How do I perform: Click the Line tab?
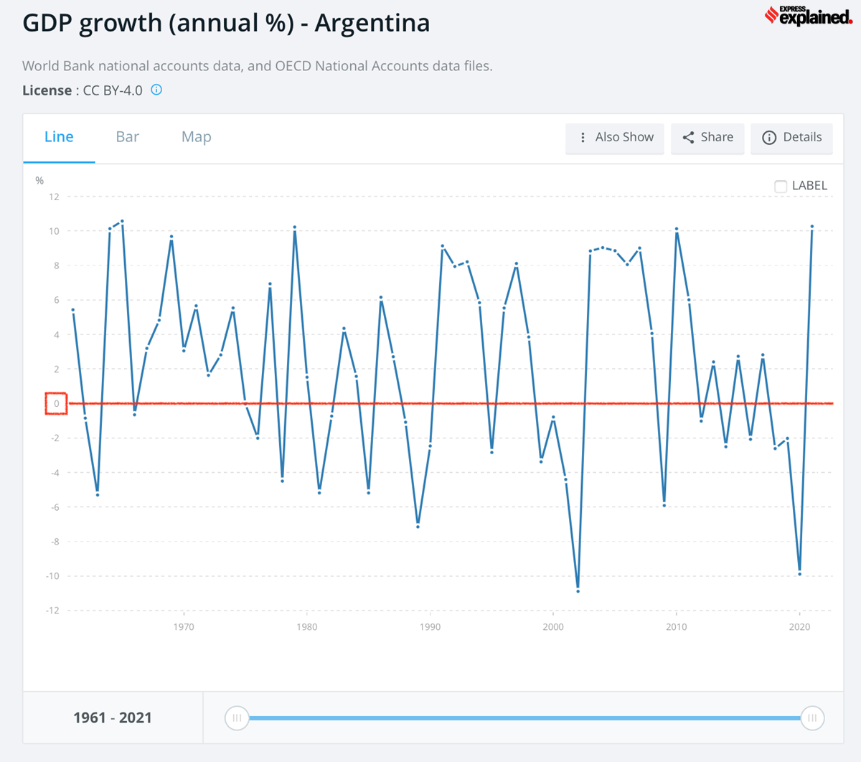point(59,137)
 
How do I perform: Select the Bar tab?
point(127,137)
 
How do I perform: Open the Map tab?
point(196,137)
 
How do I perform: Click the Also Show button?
point(615,138)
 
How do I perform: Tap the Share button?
point(707,138)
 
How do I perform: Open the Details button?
point(791,138)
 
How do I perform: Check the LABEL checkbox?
point(781,187)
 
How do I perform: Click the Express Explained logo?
point(808,17)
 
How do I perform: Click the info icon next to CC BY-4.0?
point(156,90)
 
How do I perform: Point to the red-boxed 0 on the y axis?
point(56,404)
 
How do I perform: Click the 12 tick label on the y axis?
point(54,197)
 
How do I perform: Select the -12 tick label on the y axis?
point(52,611)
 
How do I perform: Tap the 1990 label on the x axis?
point(430,627)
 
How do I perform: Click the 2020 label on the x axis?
point(799,627)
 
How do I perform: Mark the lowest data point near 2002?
point(578,591)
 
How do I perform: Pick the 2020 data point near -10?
point(799,574)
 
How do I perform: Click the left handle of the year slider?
point(237,718)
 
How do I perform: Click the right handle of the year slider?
point(812,718)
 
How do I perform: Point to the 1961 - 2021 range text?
point(113,718)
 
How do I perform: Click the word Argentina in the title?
point(372,23)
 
